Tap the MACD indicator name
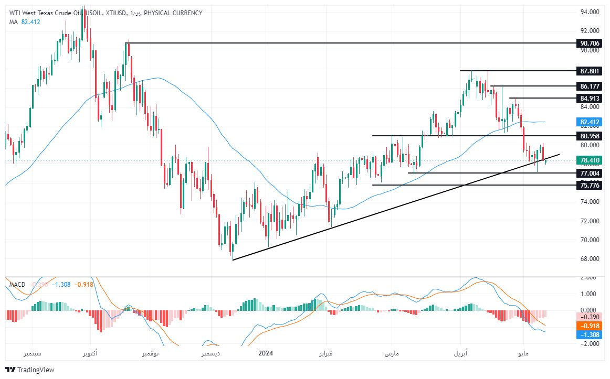pos(17,284)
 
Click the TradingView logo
pos(30,370)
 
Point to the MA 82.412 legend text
pos(25,21)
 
